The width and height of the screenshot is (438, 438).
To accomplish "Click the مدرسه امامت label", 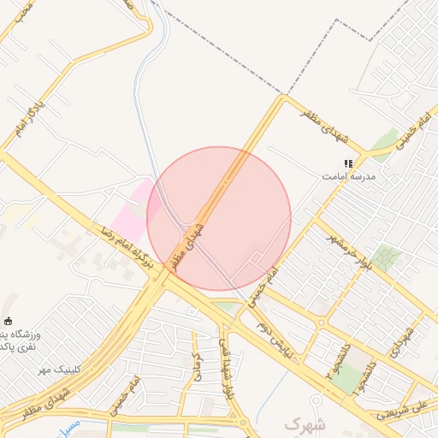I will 348,175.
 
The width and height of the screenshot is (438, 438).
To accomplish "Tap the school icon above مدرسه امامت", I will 348,163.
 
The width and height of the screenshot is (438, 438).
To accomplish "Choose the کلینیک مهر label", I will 54,369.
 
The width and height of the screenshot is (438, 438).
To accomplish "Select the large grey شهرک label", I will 306,423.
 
